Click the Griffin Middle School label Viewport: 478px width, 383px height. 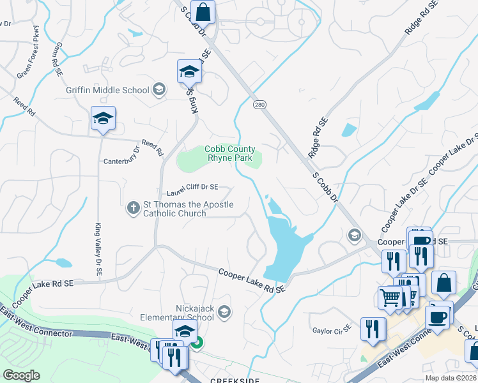click(107, 90)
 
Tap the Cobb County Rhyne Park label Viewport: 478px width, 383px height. click(229, 153)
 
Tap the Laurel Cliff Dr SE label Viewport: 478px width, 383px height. click(192, 188)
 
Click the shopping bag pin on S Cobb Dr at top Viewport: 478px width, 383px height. click(203, 12)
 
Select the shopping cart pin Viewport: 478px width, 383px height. click(390, 297)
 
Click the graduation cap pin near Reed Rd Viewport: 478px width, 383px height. click(103, 118)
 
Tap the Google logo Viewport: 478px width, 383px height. click(21, 375)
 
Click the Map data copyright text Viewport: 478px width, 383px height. click(450, 378)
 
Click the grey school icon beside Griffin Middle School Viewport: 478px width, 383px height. click(158, 89)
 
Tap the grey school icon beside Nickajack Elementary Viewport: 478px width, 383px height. click(224, 312)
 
